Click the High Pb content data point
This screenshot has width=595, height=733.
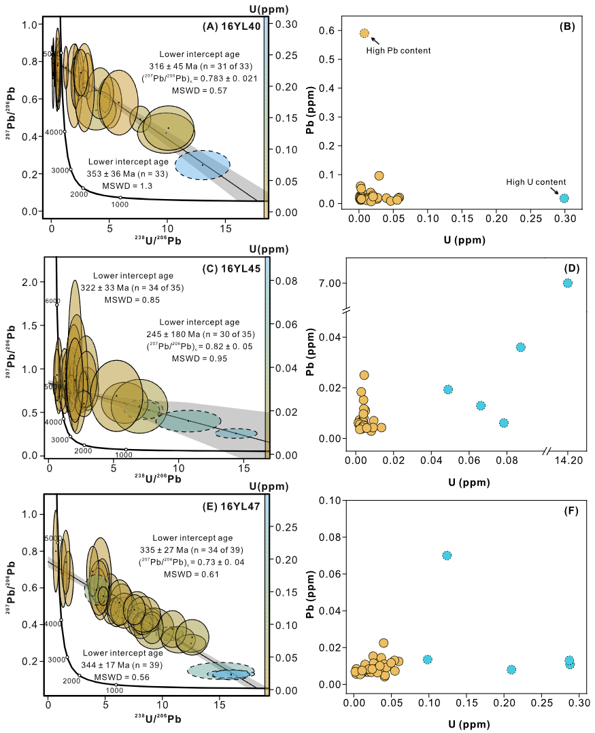(x=364, y=33)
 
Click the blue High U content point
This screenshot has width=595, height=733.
(x=564, y=198)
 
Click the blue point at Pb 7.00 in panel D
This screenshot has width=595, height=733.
(x=568, y=283)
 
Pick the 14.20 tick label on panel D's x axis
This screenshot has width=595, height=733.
(x=568, y=461)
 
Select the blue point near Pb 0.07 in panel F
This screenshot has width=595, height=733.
(x=447, y=555)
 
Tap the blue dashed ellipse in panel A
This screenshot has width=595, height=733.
(x=203, y=165)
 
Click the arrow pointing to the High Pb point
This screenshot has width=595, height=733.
(x=375, y=40)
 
